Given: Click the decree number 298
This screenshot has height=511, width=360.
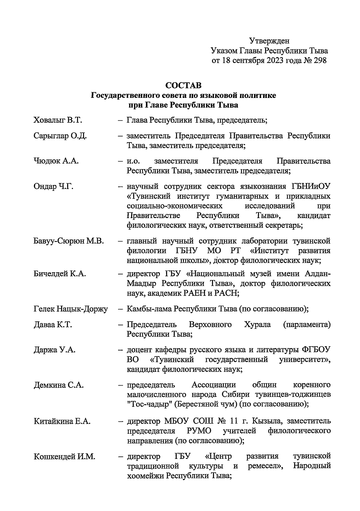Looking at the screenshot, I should coord(319,61).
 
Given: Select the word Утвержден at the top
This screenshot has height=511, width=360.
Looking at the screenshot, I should coord(269,40).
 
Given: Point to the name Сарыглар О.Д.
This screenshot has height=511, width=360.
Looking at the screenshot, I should coord(60,136).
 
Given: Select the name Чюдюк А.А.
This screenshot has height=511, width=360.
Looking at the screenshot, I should coord(56,161).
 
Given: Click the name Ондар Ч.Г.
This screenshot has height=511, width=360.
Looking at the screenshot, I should coord(53,187).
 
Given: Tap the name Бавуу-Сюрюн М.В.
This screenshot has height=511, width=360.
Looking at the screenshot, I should coord(69,241).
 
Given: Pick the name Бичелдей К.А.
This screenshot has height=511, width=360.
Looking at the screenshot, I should coord(60,273).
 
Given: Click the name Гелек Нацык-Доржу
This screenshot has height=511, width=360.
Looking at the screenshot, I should coord(70,309).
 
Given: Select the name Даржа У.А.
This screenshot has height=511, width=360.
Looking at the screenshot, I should coord(54,350).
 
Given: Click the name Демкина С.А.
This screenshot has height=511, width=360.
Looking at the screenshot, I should coord(58,385).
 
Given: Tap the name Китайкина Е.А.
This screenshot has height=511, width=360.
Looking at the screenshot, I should coord(62,421).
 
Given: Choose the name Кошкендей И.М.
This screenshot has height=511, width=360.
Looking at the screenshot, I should coord(64,456).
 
